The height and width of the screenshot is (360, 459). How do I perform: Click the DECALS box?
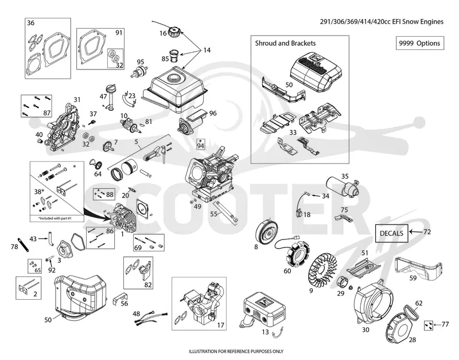[392, 233]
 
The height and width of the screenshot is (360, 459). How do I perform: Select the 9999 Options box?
[420, 43]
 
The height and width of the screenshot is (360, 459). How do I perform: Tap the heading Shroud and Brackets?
[285, 44]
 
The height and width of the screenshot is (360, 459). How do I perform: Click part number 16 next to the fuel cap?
[163, 33]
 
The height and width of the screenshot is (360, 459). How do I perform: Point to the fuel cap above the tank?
[175, 32]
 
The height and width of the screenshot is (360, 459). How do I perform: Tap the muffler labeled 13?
[264, 309]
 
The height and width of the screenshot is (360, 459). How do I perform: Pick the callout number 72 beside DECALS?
[427, 232]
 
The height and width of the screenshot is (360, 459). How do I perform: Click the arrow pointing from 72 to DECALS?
[415, 232]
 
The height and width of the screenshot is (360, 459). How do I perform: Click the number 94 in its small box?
[200, 146]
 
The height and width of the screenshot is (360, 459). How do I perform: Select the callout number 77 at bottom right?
[445, 324]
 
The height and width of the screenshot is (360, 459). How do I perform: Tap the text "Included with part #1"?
[57, 219]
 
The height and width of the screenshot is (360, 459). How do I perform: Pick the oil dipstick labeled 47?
[111, 96]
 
